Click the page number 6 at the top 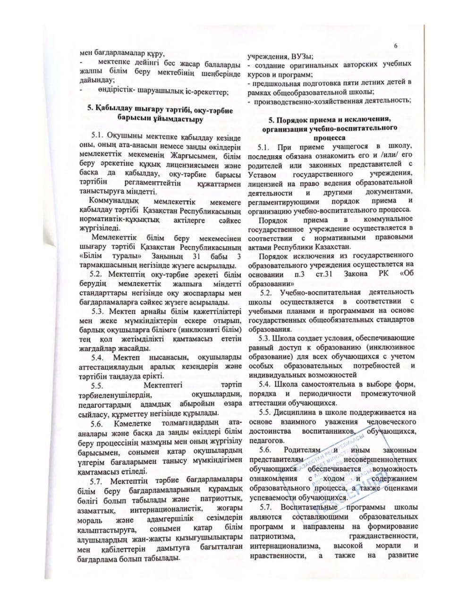tap(396, 45)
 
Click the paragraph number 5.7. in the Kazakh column tap(99, 480)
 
